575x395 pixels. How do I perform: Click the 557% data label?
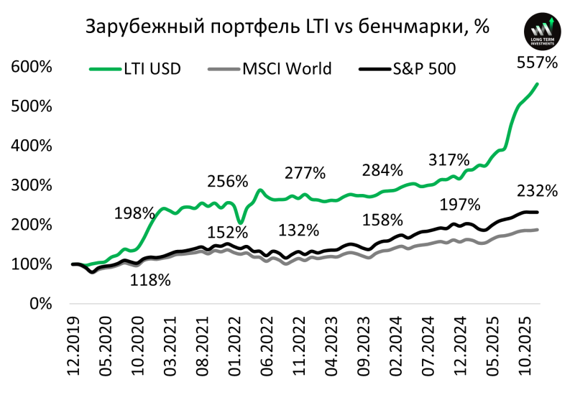(537, 62)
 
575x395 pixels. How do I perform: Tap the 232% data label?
(537, 191)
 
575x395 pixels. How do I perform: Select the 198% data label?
(134, 213)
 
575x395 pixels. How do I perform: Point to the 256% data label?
(227, 180)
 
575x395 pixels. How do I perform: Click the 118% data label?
(150, 280)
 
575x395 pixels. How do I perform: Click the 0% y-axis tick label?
(41, 304)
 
